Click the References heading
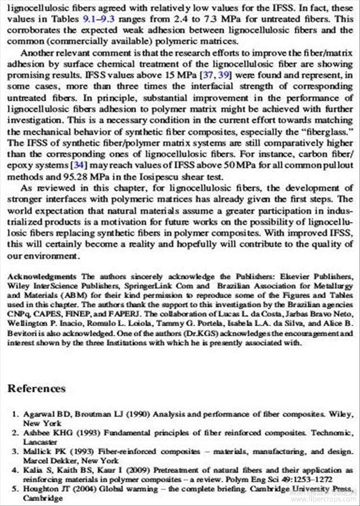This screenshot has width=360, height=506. [37, 388]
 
